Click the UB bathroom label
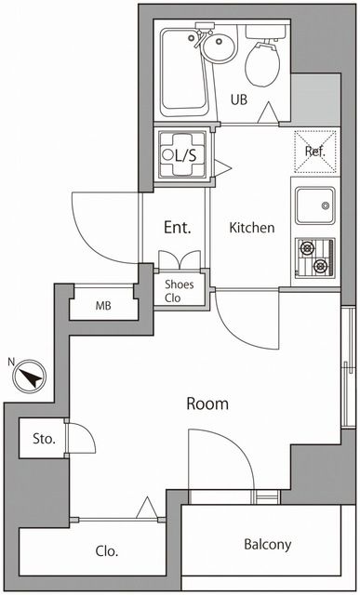[x=238, y=100]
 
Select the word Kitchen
[x=252, y=228]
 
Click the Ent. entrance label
[x=177, y=228]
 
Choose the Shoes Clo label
[x=180, y=291]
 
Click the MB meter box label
[x=103, y=305]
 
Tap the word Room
[x=207, y=404]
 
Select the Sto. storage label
[x=44, y=439]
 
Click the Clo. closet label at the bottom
[x=106, y=551]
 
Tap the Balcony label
[x=267, y=545]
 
